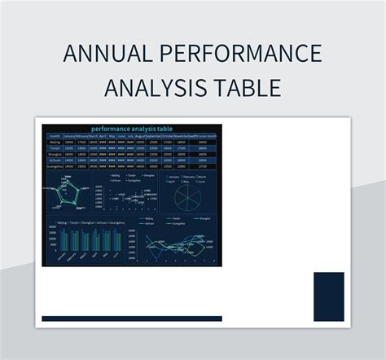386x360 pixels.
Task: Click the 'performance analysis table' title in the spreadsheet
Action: click(131, 129)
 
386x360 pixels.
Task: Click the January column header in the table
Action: click(68, 135)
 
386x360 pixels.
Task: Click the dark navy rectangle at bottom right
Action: click(329, 296)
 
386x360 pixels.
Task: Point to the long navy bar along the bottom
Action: click(131, 318)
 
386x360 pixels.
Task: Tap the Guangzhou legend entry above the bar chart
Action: click(114, 222)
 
